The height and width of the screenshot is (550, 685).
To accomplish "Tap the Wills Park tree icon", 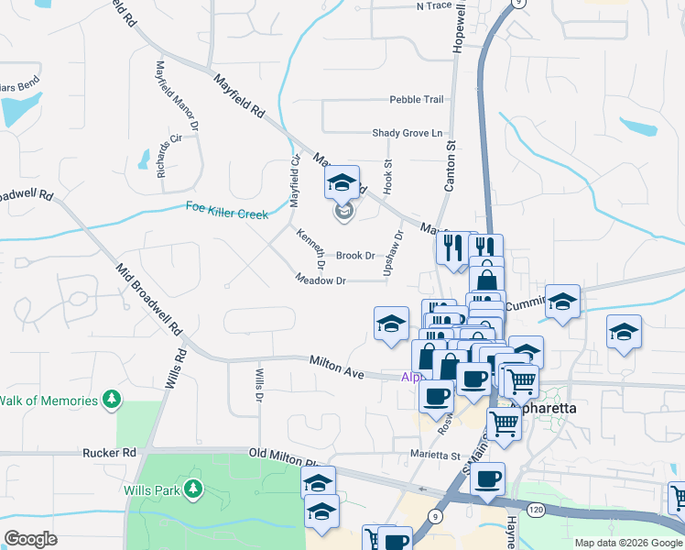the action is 193,489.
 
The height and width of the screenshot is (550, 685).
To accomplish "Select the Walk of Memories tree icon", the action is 112,400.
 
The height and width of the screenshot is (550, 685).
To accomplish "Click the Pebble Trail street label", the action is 416,100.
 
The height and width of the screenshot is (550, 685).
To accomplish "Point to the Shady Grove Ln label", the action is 407,133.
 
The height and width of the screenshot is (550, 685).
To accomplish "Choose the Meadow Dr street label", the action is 321,280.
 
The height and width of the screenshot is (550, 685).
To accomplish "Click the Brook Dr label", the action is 355,256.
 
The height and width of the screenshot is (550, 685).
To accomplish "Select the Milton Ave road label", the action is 336,368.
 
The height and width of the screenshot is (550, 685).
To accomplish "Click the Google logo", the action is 30,538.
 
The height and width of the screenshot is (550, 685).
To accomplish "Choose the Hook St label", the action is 388,175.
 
